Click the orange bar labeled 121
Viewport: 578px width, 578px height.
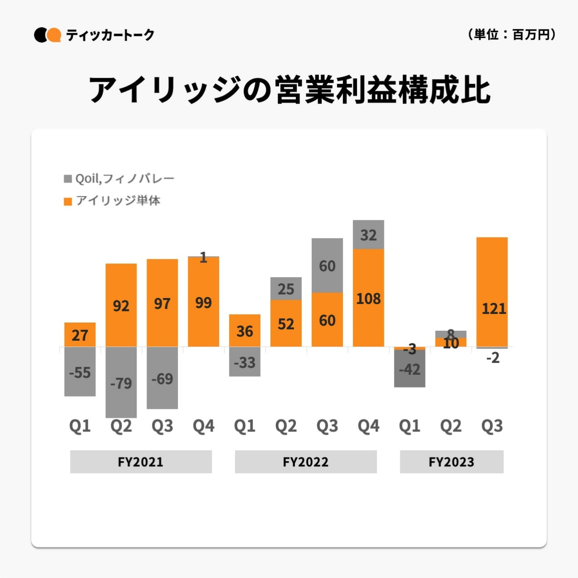(492, 292)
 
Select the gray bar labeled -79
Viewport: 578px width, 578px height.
(121, 382)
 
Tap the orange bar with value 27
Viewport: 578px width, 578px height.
(80, 334)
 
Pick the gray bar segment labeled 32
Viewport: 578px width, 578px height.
(368, 235)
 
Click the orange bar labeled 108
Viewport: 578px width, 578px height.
(368, 298)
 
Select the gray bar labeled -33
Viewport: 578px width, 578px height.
(245, 362)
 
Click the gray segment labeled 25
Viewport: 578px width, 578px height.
(286, 288)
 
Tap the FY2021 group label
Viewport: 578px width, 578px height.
(141, 462)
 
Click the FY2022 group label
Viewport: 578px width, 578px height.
(305, 462)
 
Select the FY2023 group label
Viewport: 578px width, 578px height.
(451, 462)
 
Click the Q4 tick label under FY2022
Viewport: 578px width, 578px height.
(368, 426)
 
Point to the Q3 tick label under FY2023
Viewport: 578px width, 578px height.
(492, 426)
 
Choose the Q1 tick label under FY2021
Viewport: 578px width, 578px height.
(80, 426)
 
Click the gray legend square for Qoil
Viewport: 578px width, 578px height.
(68, 179)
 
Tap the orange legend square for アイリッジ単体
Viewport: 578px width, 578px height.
(68, 201)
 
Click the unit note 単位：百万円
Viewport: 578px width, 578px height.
(511, 34)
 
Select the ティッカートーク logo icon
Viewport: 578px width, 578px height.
(47, 35)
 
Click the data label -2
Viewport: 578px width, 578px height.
(493, 358)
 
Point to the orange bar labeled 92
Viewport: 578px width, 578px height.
(121, 305)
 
